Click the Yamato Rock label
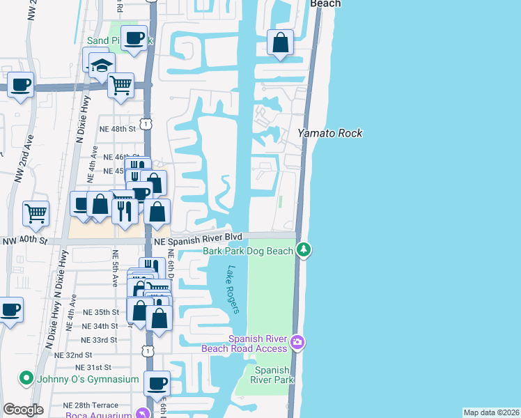[330, 133]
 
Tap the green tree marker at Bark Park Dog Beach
[303, 249]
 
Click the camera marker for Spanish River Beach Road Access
[297, 341]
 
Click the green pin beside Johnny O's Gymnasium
[26, 378]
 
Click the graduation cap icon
[102, 65]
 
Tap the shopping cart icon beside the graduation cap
[121, 85]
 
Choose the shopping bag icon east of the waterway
[280, 42]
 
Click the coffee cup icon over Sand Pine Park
[134, 38]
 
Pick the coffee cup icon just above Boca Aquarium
[157, 383]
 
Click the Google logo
[23, 409]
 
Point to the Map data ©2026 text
[491, 412]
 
